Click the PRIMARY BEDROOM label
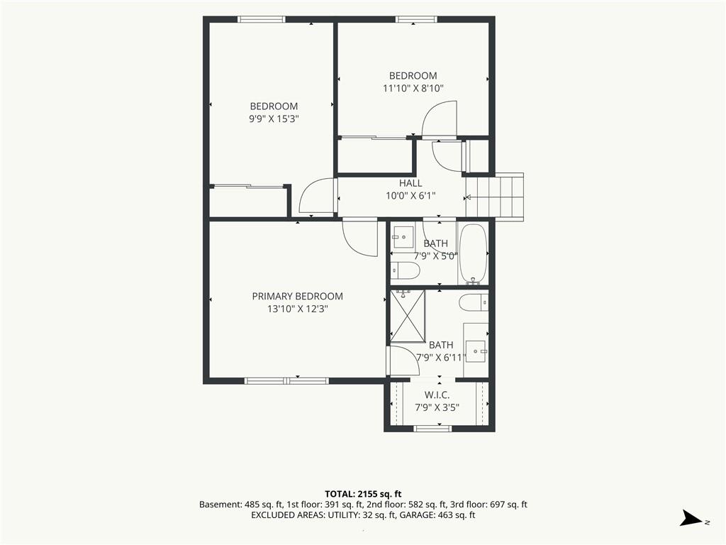pyautogui.click(x=297, y=296)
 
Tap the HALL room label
pyautogui.click(x=411, y=183)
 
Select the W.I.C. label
pyautogui.click(x=437, y=395)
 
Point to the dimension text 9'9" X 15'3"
pyautogui.click(x=274, y=119)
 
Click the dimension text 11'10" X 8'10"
pyautogui.click(x=413, y=88)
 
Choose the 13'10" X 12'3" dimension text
pyautogui.click(x=297, y=309)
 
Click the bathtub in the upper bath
pyautogui.click(x=473, y=254)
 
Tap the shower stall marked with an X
pyautogui.click(x=408, y=316)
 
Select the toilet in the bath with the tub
pyautogui.click(x=405, y=269)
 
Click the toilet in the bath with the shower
pyautogui.click(x=474, y=302)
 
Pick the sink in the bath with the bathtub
pyautogui.click(x=403, y=237)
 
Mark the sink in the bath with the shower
pyautogui.click(x=476, y=351)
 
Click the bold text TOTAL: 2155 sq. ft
pyautogui.click(x=362, y=494)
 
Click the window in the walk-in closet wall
pyautogui.click(x=432, y=428)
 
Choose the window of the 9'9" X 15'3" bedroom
pyautogui.click(x=262, y=19)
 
